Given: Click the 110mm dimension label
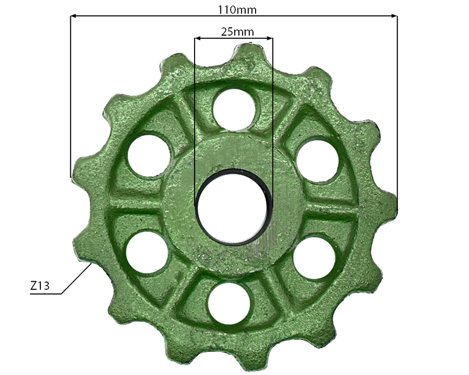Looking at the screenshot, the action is [x=237, y=10].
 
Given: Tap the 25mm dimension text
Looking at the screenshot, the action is [x=237, y=32].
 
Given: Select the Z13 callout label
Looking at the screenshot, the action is [x=40, y=286].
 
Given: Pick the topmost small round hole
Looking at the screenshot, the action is [x=234, y=110].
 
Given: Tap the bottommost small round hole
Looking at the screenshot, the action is [x=229, y=304].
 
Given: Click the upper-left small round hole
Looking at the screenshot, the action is [x=149, y=156].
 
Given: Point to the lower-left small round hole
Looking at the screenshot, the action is [x=147, y=253].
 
